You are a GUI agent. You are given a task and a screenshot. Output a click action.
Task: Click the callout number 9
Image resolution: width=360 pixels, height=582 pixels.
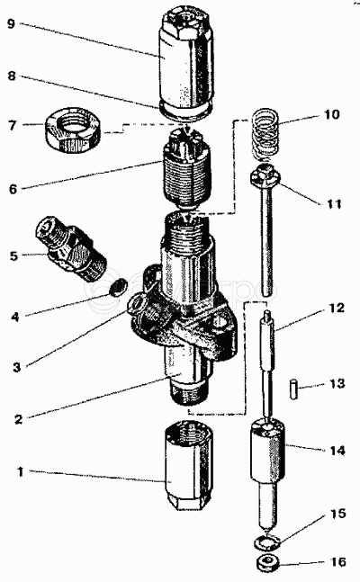click(11, 24)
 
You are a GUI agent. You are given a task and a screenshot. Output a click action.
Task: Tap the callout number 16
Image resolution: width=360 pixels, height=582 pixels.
click(337, 561)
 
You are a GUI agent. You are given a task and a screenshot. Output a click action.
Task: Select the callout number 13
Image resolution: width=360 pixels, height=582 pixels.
click(337, 382)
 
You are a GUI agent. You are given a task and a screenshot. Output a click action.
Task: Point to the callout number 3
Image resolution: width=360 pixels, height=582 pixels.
click(17, 367)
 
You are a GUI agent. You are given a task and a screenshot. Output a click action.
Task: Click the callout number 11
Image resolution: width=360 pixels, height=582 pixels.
click(333, 204)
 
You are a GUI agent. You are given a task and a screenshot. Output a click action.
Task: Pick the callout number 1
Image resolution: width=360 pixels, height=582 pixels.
click(21, 472)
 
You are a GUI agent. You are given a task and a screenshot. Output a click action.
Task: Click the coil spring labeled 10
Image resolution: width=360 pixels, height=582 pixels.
click(265, 133)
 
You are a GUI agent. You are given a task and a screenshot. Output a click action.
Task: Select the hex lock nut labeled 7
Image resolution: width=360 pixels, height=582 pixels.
click(73, 129)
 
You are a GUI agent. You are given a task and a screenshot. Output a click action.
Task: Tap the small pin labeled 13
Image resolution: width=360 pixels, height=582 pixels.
click(293, 389)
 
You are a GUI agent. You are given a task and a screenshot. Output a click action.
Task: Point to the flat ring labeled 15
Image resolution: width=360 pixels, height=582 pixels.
click(266, 543)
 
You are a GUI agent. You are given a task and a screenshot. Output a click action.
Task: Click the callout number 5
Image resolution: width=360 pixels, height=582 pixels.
click(13, 255)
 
